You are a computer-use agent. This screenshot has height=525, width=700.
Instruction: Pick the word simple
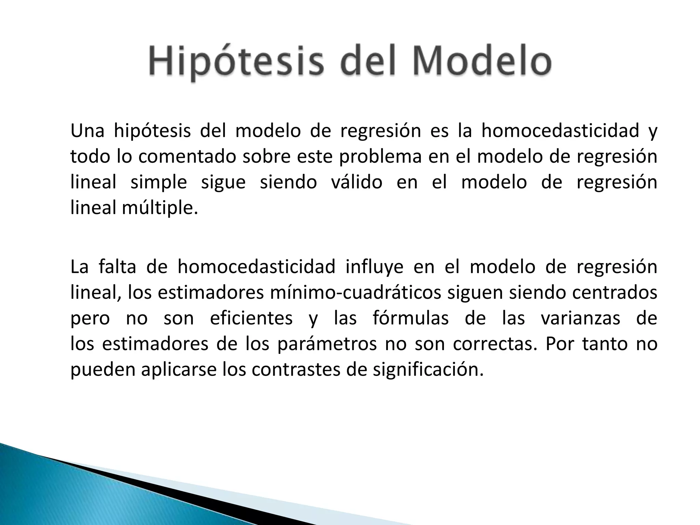click(159, 182)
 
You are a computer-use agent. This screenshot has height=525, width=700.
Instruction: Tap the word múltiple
click(160, 207)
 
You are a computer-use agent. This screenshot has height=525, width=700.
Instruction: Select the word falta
click(117, 267)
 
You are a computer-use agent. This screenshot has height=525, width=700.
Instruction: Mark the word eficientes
click(251, 318)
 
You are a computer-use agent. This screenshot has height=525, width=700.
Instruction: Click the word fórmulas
click(410, 318)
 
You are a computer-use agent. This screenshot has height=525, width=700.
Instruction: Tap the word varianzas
click(580, 318)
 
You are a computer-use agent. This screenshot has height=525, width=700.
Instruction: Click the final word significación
click(428, 369)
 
